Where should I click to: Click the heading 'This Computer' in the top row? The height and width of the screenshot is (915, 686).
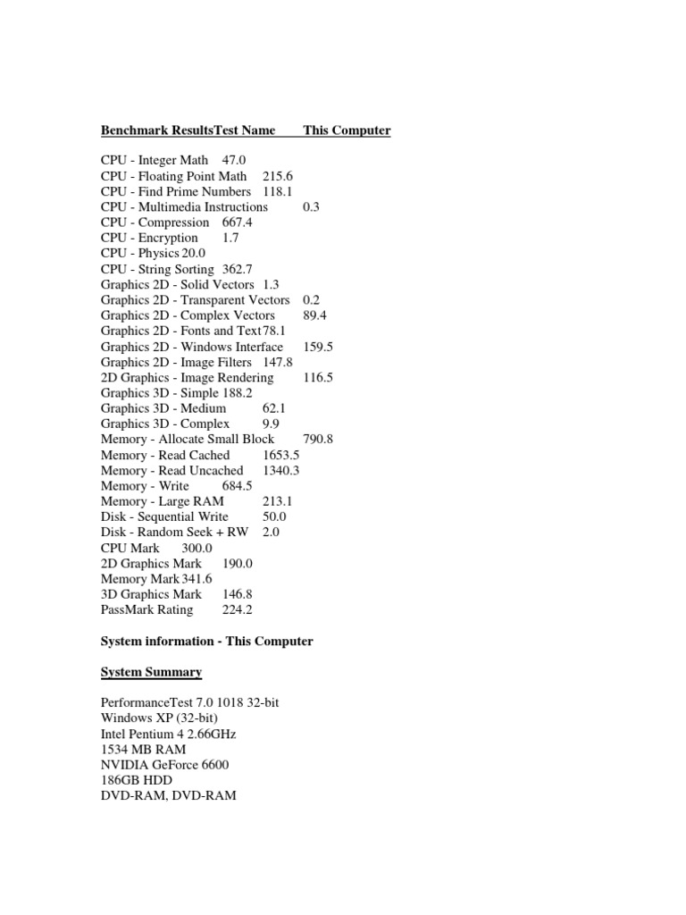coord(347,130)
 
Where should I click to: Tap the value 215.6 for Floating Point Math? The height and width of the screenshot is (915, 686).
coord(278,176)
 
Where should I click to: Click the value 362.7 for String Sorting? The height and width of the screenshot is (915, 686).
coord(238,269)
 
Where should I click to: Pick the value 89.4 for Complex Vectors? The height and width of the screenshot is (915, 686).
coord(317,315)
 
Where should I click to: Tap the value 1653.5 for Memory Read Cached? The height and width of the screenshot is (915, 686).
coord(281,455)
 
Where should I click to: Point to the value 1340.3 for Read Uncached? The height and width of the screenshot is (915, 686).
coord(281,470)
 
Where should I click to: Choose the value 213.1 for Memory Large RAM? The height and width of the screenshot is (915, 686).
coord(278,501)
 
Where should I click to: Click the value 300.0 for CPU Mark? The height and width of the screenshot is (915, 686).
coord(197,548)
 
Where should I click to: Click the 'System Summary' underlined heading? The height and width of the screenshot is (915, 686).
coord(151,672)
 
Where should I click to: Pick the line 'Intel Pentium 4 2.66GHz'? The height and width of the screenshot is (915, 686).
coord(169,734)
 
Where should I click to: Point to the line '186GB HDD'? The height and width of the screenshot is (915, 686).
coord(137,780)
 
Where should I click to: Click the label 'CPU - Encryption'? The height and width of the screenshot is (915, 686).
coord(149,238)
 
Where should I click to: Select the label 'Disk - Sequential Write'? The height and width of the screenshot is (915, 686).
coord(164,516)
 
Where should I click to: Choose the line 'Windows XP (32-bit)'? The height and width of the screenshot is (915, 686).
coord(160,718)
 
